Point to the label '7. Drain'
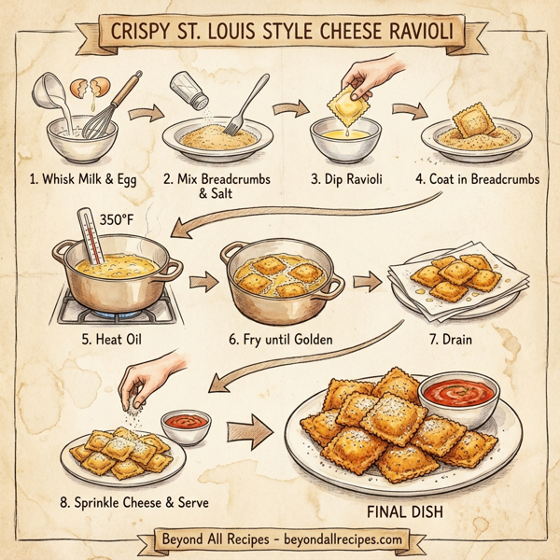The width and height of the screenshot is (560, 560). point(449,338)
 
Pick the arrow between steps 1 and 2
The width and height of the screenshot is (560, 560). point(141,115)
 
